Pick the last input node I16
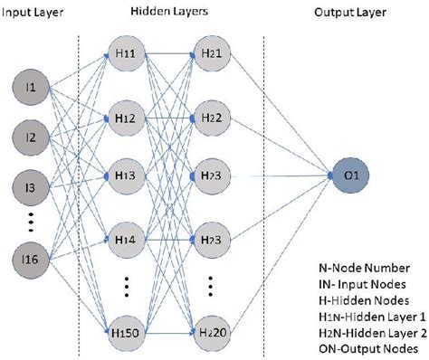(x=31, y=261)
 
